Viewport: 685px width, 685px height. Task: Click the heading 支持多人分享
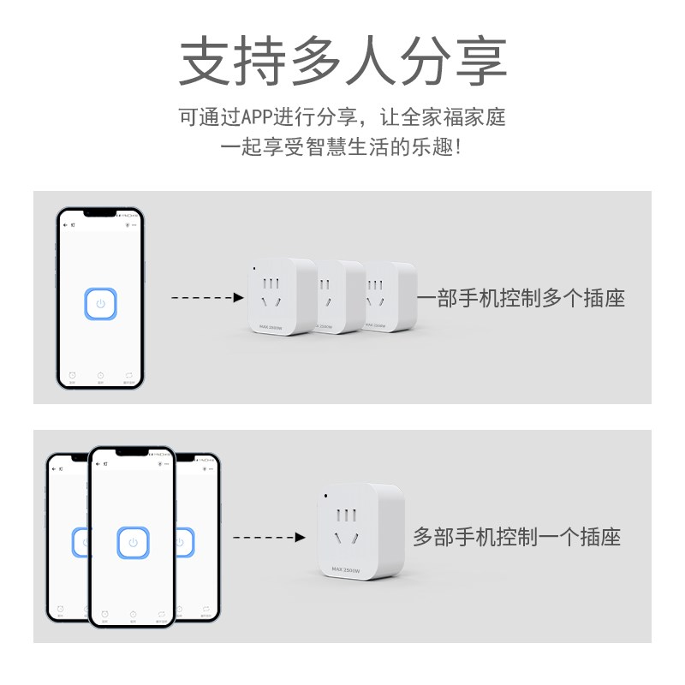342,59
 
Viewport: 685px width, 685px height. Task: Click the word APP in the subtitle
257,116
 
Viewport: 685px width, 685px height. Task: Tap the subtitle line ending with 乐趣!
342,146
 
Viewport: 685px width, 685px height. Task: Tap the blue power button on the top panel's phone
101,304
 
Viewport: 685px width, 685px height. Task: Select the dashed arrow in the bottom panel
269,538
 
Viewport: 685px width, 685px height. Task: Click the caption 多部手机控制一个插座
516,538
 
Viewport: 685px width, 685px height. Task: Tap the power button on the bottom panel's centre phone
132,542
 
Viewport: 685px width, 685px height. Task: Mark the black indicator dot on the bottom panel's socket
325,496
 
